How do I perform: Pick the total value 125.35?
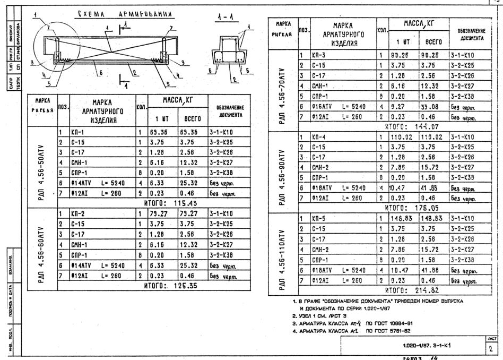[x=179, y=285]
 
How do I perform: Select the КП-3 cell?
[x=319, y=55]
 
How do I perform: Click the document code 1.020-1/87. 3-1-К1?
[x=427, y=346]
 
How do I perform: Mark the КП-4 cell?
[x=319, y=136]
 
